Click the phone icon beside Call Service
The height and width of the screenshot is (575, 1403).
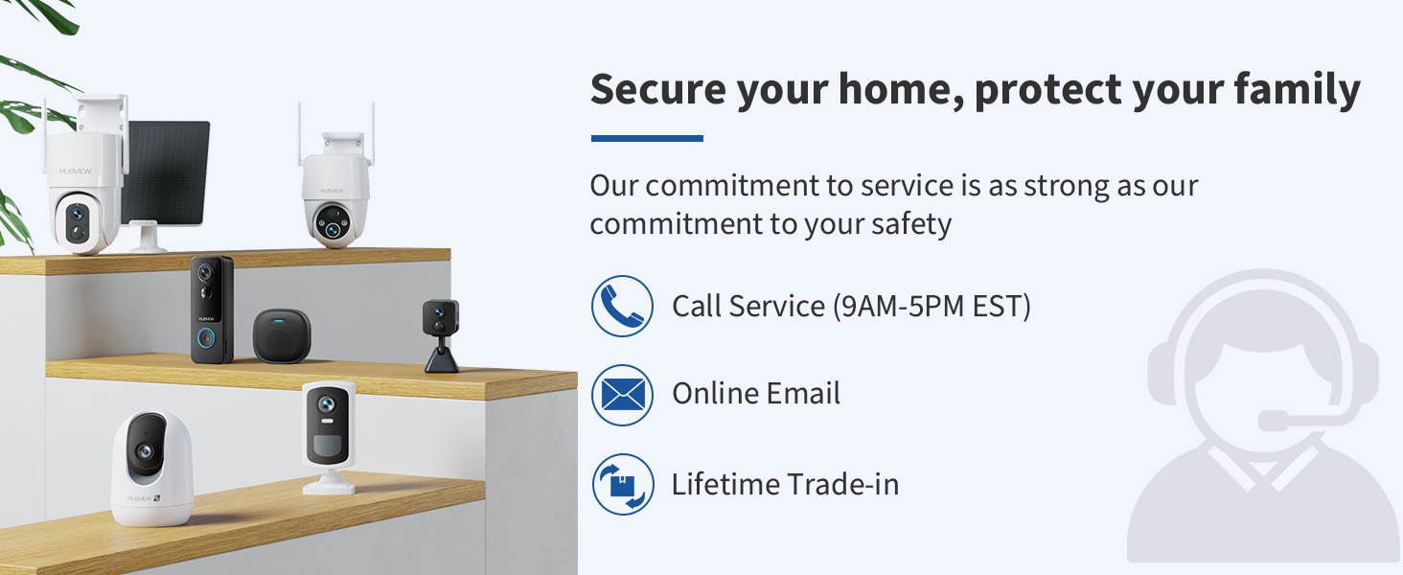tap(622, 306)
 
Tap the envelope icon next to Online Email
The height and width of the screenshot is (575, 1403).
tap(622, 394)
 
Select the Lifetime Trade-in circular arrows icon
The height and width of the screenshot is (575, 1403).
tap(622, 484)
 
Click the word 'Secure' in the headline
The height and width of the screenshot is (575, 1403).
tap(657, 89)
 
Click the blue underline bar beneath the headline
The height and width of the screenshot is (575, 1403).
tap(647, 139)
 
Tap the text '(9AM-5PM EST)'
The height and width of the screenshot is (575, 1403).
tap(931, 306)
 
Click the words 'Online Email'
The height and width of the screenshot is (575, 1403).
tap(756, 393)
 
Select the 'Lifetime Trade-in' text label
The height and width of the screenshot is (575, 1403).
tap(785, 484)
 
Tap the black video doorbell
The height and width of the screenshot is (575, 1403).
tap(212, 309)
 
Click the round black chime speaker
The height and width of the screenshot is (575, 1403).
tap(281, 334)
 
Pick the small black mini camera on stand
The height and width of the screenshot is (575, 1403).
tap(441, 333)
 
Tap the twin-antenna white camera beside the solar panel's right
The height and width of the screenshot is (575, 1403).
tap(334, 192)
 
